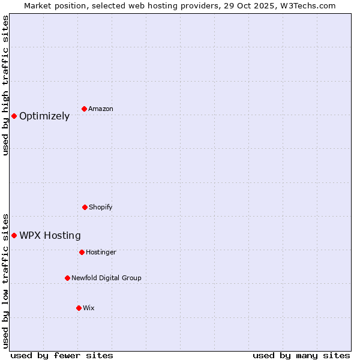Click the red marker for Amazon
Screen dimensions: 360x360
(x=85, y=109)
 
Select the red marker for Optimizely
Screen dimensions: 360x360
(x=14, y=116)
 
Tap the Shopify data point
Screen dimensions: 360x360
(x=85, y=207)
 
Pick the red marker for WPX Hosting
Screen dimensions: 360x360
(x=14, y=235)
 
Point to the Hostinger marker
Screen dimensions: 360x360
(x=82, y=252)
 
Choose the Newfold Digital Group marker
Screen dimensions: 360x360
(x=67, y=278)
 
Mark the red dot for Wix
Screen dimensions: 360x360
(x=79, y=308)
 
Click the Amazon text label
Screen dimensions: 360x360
(x=101, y=109)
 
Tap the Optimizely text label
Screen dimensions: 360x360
(x=44, y=116)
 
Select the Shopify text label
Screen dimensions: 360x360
(x=101, y=208)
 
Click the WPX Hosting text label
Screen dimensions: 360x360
(x=50, y=236)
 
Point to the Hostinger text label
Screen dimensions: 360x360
(x=101, y=253)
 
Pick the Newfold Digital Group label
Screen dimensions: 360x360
(x=106, y=278)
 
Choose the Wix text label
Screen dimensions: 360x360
(x=89, y=308)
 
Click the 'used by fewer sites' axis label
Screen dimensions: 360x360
(x=62, y=355)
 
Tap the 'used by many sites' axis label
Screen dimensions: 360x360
(x=301, y=355)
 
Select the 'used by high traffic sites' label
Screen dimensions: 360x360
(x=5, y=85)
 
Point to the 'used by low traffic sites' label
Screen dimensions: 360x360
(x=5, y=280)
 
